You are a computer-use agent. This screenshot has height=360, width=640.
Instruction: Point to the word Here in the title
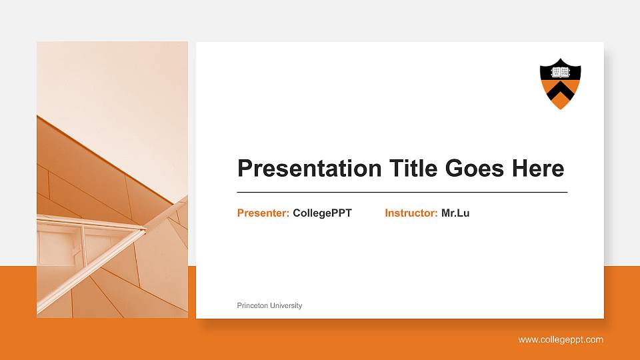click(538, 169)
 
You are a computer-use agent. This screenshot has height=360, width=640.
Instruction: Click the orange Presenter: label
click(263, 213)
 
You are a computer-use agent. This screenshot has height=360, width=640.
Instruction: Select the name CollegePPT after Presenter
click(322, 213)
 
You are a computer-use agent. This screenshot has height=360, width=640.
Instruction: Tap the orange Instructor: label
click(411, 213)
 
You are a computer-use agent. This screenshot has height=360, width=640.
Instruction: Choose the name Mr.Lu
click(455, 213)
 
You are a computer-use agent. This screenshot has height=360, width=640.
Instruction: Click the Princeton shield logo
click(560, 84)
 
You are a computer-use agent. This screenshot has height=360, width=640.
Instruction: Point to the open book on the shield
click(560, 71)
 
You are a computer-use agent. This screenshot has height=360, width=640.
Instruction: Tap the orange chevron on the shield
click(560, 91)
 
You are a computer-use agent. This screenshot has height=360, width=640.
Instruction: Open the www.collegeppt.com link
click(561, 340)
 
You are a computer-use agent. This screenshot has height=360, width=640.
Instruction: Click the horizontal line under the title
click(402, 192)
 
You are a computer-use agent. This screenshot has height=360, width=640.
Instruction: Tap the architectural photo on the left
click(112, 180)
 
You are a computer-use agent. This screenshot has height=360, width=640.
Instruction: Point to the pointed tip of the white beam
click(145, 231)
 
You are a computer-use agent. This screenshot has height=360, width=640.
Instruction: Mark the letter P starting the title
click(245, 169)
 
